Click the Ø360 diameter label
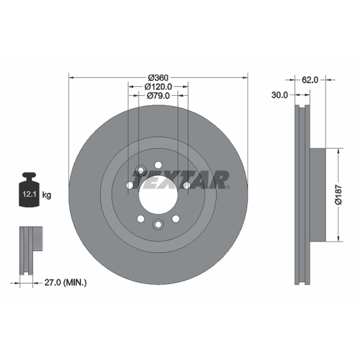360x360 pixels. pos(158,77)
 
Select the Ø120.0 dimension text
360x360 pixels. pos(158,86)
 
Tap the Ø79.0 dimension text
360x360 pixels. pos(158,95)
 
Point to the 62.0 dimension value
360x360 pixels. pos(310,80)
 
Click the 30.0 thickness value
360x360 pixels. pos(279,95)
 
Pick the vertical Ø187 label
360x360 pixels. pos(338,195)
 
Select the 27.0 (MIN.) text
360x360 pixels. pos(65,283)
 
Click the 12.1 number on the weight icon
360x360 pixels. pos(29,194)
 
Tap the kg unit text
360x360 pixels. pos(47,195)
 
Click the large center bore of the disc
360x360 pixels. pos(158,195)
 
